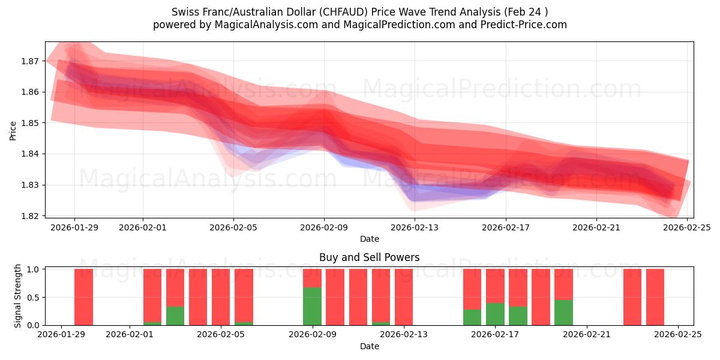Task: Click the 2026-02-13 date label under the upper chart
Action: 415,227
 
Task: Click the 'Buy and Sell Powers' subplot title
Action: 369,257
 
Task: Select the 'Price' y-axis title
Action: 13,130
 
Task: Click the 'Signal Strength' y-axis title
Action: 18,296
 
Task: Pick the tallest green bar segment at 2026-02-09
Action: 312,306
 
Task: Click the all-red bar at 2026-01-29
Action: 83,297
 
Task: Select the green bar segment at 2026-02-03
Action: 175,316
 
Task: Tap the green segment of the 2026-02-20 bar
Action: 563,312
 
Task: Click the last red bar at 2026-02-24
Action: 655,297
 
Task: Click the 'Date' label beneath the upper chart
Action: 369,239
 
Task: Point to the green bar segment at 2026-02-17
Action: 495,314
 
